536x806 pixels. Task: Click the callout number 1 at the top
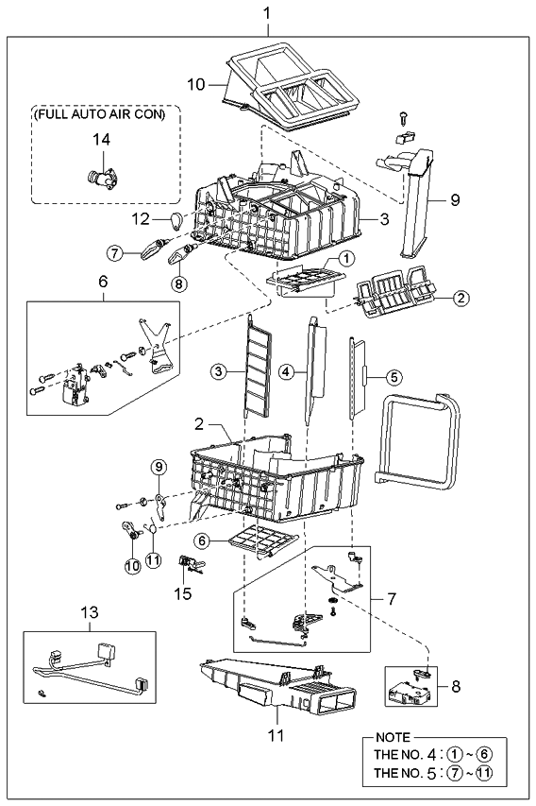coord(267,14)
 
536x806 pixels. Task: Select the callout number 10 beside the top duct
coord(195,84)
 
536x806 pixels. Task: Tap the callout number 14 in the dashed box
coord(99,139)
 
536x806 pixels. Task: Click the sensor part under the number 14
coord(99,177)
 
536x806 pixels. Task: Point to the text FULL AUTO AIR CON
coord(99,114)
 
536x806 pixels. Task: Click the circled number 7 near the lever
coord(114,253)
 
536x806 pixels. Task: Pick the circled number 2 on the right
coord(461,298)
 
